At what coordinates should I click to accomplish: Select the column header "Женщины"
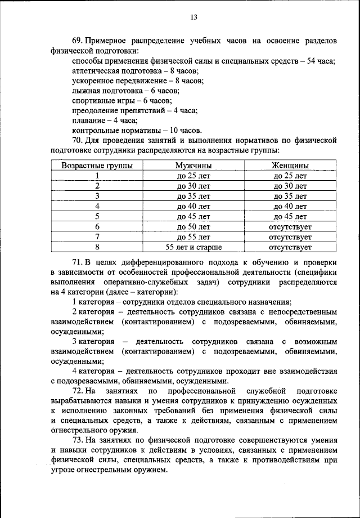pos(290,166)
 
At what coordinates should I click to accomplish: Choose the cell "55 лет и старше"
pos(193,247)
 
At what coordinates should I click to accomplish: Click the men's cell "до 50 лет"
pos(193,226)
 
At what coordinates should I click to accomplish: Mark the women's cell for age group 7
pos(290,236)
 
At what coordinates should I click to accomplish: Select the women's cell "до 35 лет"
pos(290,196)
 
